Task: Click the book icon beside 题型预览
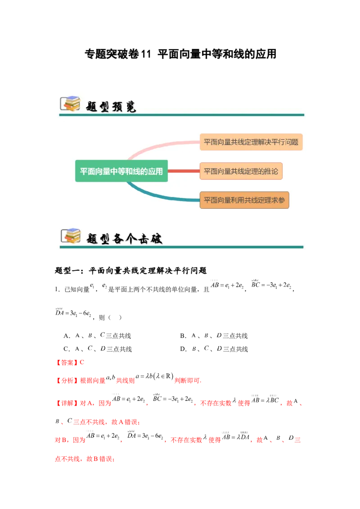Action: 70,104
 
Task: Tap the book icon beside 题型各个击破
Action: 70,236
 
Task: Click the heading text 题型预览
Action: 111,106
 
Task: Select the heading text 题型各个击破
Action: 124,238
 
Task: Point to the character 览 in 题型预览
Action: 130,106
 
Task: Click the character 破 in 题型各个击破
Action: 156,238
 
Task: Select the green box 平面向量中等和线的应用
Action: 121,171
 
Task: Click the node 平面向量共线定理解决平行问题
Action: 251,142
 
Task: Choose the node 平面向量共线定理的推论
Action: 241,171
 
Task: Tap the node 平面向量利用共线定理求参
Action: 244,201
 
